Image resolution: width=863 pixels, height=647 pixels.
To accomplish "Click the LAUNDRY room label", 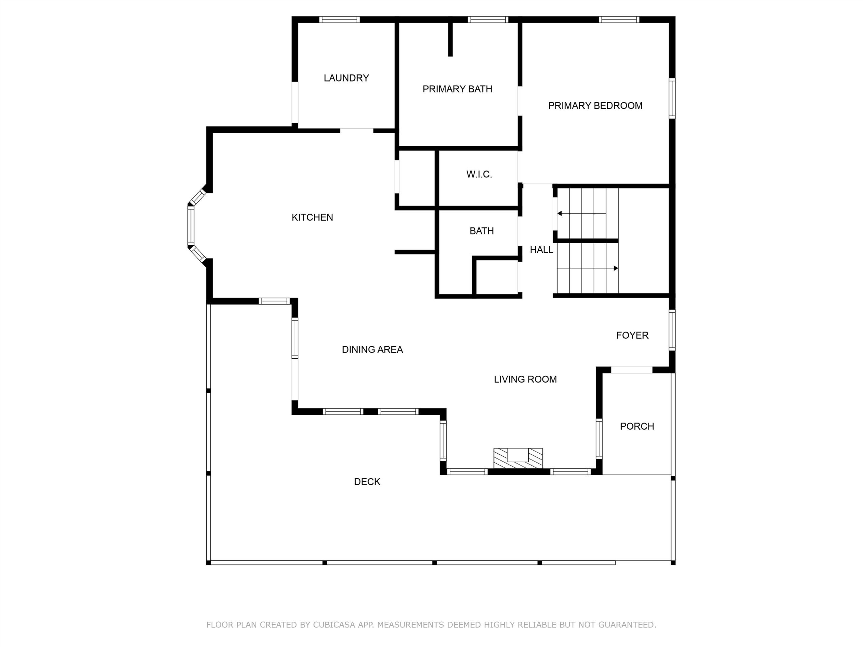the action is click(x=346, y=78).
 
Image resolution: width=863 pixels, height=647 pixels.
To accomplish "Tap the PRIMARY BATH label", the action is click(x=457, y=89).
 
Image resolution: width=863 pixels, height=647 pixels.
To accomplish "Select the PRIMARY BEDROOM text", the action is click(x=595, y=106).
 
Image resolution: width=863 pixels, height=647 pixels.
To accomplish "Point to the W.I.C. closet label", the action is click(x=479, y=174).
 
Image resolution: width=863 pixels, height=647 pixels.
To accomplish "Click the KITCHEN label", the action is click(x=312, y=217).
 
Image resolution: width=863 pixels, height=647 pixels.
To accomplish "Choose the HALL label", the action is click(x=541, y=250).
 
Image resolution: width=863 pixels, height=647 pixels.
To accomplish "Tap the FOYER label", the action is click(x=632, y=335).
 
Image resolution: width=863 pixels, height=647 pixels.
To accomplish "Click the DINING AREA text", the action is click(x=372, y=349).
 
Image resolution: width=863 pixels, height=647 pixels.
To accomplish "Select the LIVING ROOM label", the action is click(x=525, y=379).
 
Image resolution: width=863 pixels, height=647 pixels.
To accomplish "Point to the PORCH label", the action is click(x=637, y=426).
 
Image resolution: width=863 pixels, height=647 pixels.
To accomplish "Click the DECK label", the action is click(x=367, y=482).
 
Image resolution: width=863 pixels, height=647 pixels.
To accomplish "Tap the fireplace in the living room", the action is click(x=518, y=458).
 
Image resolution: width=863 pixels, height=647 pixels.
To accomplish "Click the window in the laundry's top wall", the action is click(x=339, y=20).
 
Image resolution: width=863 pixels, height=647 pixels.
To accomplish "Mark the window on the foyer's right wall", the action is click(x=672, y=330).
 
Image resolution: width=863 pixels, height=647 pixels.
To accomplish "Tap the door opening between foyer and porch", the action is click(x=632, y=370).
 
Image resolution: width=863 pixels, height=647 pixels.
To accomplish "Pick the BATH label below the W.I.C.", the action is click(x=481, y=231).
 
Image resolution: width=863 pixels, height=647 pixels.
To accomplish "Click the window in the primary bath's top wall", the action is click(x=488, y=20).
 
